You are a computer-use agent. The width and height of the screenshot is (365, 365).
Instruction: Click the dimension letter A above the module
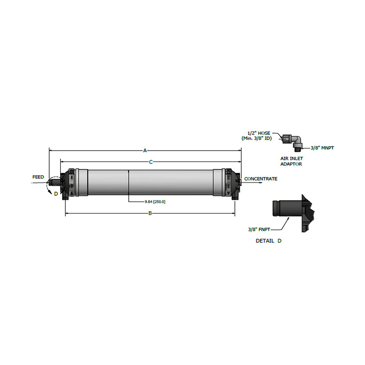click(145, 150)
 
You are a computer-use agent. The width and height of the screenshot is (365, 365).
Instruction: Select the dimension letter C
click(150, 162)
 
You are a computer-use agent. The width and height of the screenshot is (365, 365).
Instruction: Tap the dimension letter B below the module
click(150, 213)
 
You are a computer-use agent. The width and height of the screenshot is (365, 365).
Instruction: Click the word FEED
click(38, 177)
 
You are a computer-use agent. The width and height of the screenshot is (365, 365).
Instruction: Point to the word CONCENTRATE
click(261, 179)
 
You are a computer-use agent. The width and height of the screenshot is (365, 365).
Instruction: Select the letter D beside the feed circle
click(56, 194)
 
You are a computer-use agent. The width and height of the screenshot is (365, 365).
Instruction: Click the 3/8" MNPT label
click(323, 148)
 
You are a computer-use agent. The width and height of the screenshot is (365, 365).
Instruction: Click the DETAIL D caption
click(268, 240)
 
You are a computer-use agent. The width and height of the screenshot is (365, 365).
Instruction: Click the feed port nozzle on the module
click(55, 182)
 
